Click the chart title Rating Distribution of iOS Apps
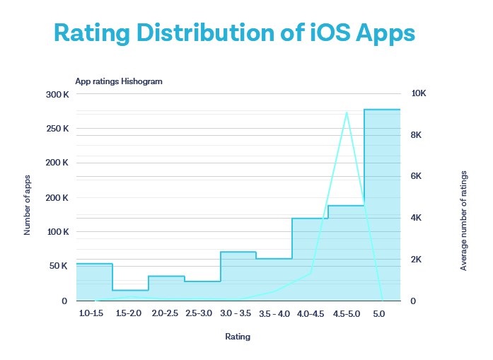click(x=234, y=33)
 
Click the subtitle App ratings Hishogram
click(x=119, y=81)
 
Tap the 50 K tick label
click(x=58, y=266)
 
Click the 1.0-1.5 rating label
click(x=93, y=313)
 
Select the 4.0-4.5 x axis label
click(x=311, y=313)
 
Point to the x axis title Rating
click(x=238, y=337)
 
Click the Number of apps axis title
click(x=28, y=204)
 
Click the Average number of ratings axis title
click(x=464, y=220)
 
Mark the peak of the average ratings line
click(x=347, y=112)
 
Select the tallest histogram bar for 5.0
click(x=382, y=205)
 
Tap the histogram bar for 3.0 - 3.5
click(x=238, y=276)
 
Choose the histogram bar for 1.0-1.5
click(x=94, y=282)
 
